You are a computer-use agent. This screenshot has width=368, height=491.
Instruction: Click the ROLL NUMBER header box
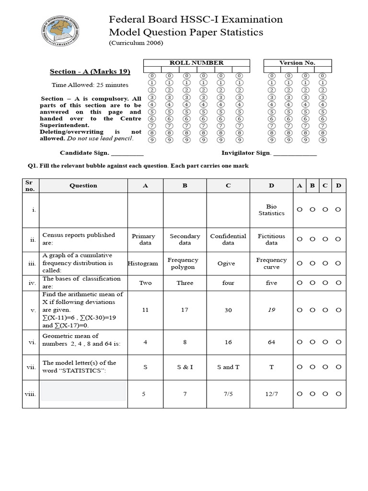196,63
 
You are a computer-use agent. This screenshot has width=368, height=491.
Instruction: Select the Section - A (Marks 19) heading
90,72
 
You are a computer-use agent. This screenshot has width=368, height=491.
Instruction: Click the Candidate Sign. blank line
127,153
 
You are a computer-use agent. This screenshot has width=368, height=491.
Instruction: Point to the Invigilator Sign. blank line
295,153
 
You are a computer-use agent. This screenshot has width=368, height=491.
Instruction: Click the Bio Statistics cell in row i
271,210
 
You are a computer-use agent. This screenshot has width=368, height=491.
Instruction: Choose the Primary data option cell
144,239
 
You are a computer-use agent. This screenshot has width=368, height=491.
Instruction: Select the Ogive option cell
228,263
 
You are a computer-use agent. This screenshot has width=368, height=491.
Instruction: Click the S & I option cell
184,367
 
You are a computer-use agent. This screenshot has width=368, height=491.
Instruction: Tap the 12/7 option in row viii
271,394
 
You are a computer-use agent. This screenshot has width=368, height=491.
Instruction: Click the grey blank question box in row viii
83,391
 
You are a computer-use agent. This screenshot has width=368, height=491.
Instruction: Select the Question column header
83,186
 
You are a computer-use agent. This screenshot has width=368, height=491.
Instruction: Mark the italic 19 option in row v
271,310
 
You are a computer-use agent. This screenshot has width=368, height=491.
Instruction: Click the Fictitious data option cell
271,239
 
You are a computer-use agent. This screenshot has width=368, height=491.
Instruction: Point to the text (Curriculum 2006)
136,43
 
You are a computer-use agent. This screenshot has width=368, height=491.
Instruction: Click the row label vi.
32,342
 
